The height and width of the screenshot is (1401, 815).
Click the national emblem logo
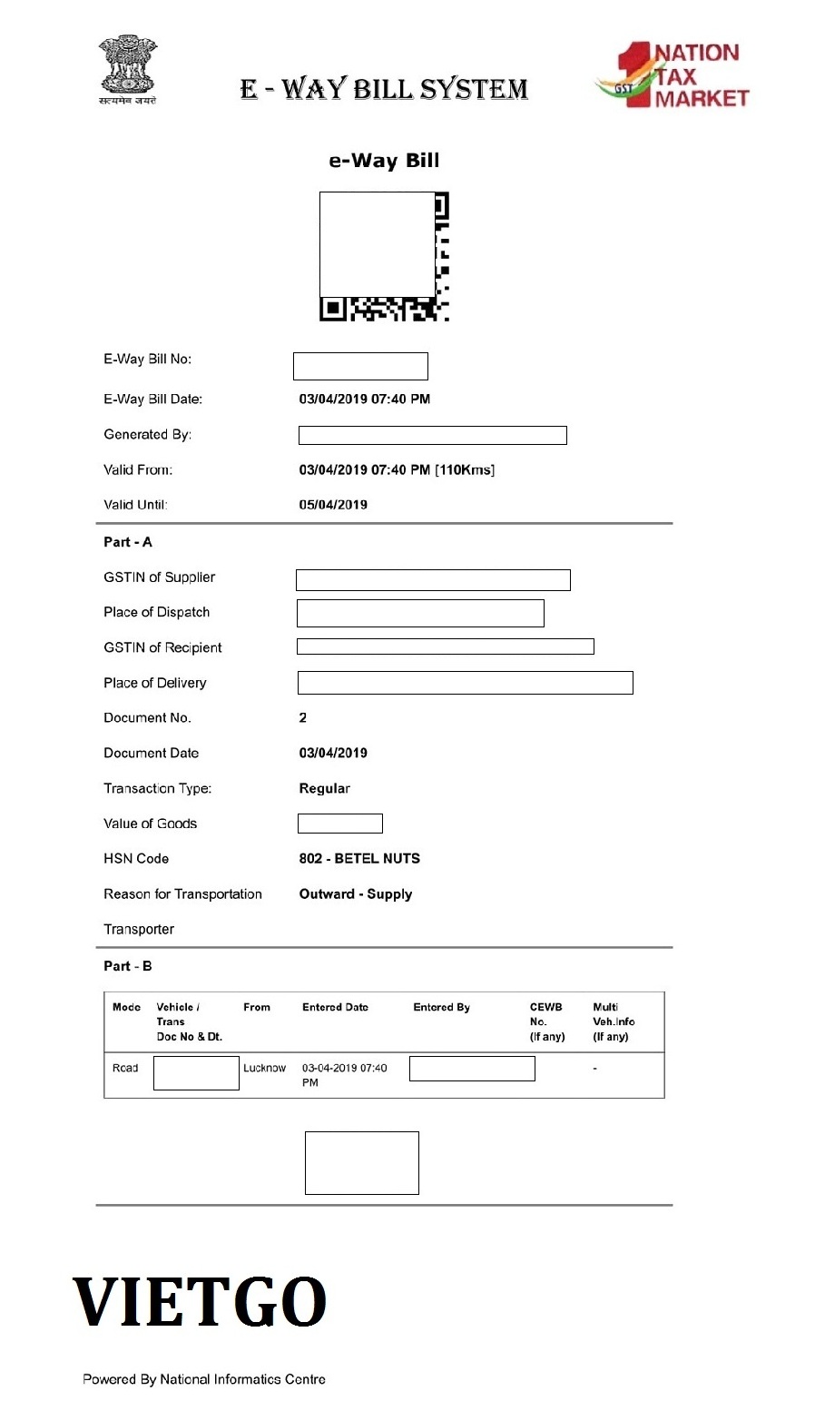pyautogui.click(x=128, y=69)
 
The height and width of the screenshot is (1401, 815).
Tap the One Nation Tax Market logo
pyautogui.click(x=673, y=75)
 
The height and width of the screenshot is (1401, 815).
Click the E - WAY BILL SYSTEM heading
pyautogui.click(x=384, y=89)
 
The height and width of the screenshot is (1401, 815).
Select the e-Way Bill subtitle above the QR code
pyautogui.click(x=384, y=161)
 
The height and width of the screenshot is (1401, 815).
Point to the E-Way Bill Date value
pyautogui.click(x=364, y=399)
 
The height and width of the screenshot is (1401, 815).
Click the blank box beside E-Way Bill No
pyautogui.click(x=360, y=366)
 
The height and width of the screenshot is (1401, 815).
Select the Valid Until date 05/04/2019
pyautogui.click(x=333, y=505)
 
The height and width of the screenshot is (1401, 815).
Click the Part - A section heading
pyautogui.click(x=128, y=542)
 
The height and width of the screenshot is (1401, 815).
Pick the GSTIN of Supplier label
pyautogui.click(x=159, y=577)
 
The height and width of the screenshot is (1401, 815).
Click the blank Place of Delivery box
pyautogui.click(x=465, y=683)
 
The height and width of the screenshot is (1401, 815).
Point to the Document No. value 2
pyautogui.click(x=303, y=717)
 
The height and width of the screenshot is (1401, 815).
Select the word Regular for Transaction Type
pyautogui.click(x=324, y=788)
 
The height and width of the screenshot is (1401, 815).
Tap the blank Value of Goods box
pyautogui.click(x=339, y=824)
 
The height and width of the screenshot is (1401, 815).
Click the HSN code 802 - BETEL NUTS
pyautogui.click(x=359, y=858)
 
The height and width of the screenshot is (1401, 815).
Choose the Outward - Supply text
pyautogui.click(x=356, y=893)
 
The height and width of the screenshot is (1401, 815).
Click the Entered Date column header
pyautogui.click(x=335, y=1007)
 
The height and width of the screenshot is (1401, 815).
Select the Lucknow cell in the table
pyautogui.click(x=264, y=1068)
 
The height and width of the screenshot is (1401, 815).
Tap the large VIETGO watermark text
pyautogui.click(x=200, y=1301)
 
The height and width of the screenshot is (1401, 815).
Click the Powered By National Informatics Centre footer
pyautogui.click(x=204, y=1379)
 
